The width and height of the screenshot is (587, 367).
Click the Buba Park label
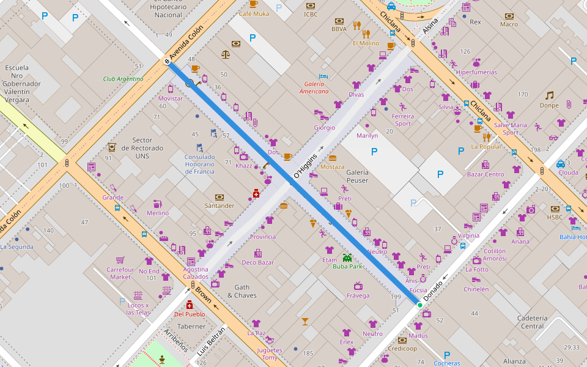coord(347,267)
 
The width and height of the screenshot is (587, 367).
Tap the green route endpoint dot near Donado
coord(419,305)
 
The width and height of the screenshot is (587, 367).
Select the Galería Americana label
coord(314,87)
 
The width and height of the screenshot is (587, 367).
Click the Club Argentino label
coord(123,79)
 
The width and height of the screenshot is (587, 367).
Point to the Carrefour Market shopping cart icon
coord(120,259)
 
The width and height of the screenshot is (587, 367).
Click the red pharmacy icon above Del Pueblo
coord(189,305)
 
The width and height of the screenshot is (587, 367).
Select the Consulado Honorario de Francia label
coord(199,164)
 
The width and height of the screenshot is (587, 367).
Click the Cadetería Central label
coord(532,322)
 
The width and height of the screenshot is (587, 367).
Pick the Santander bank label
coord(220,206)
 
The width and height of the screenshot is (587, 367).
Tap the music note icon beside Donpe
coord(549,95)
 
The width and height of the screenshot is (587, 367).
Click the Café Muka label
coord(253,13)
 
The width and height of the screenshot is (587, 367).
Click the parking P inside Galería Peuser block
coord(374,151)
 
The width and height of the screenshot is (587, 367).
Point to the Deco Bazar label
coord(257,262)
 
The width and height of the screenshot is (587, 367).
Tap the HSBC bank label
coord(555,217)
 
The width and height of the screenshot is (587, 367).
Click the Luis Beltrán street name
coord(211,341)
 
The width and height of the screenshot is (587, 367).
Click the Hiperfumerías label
coord(476,72)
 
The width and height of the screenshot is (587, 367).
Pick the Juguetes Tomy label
coord(269,354)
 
